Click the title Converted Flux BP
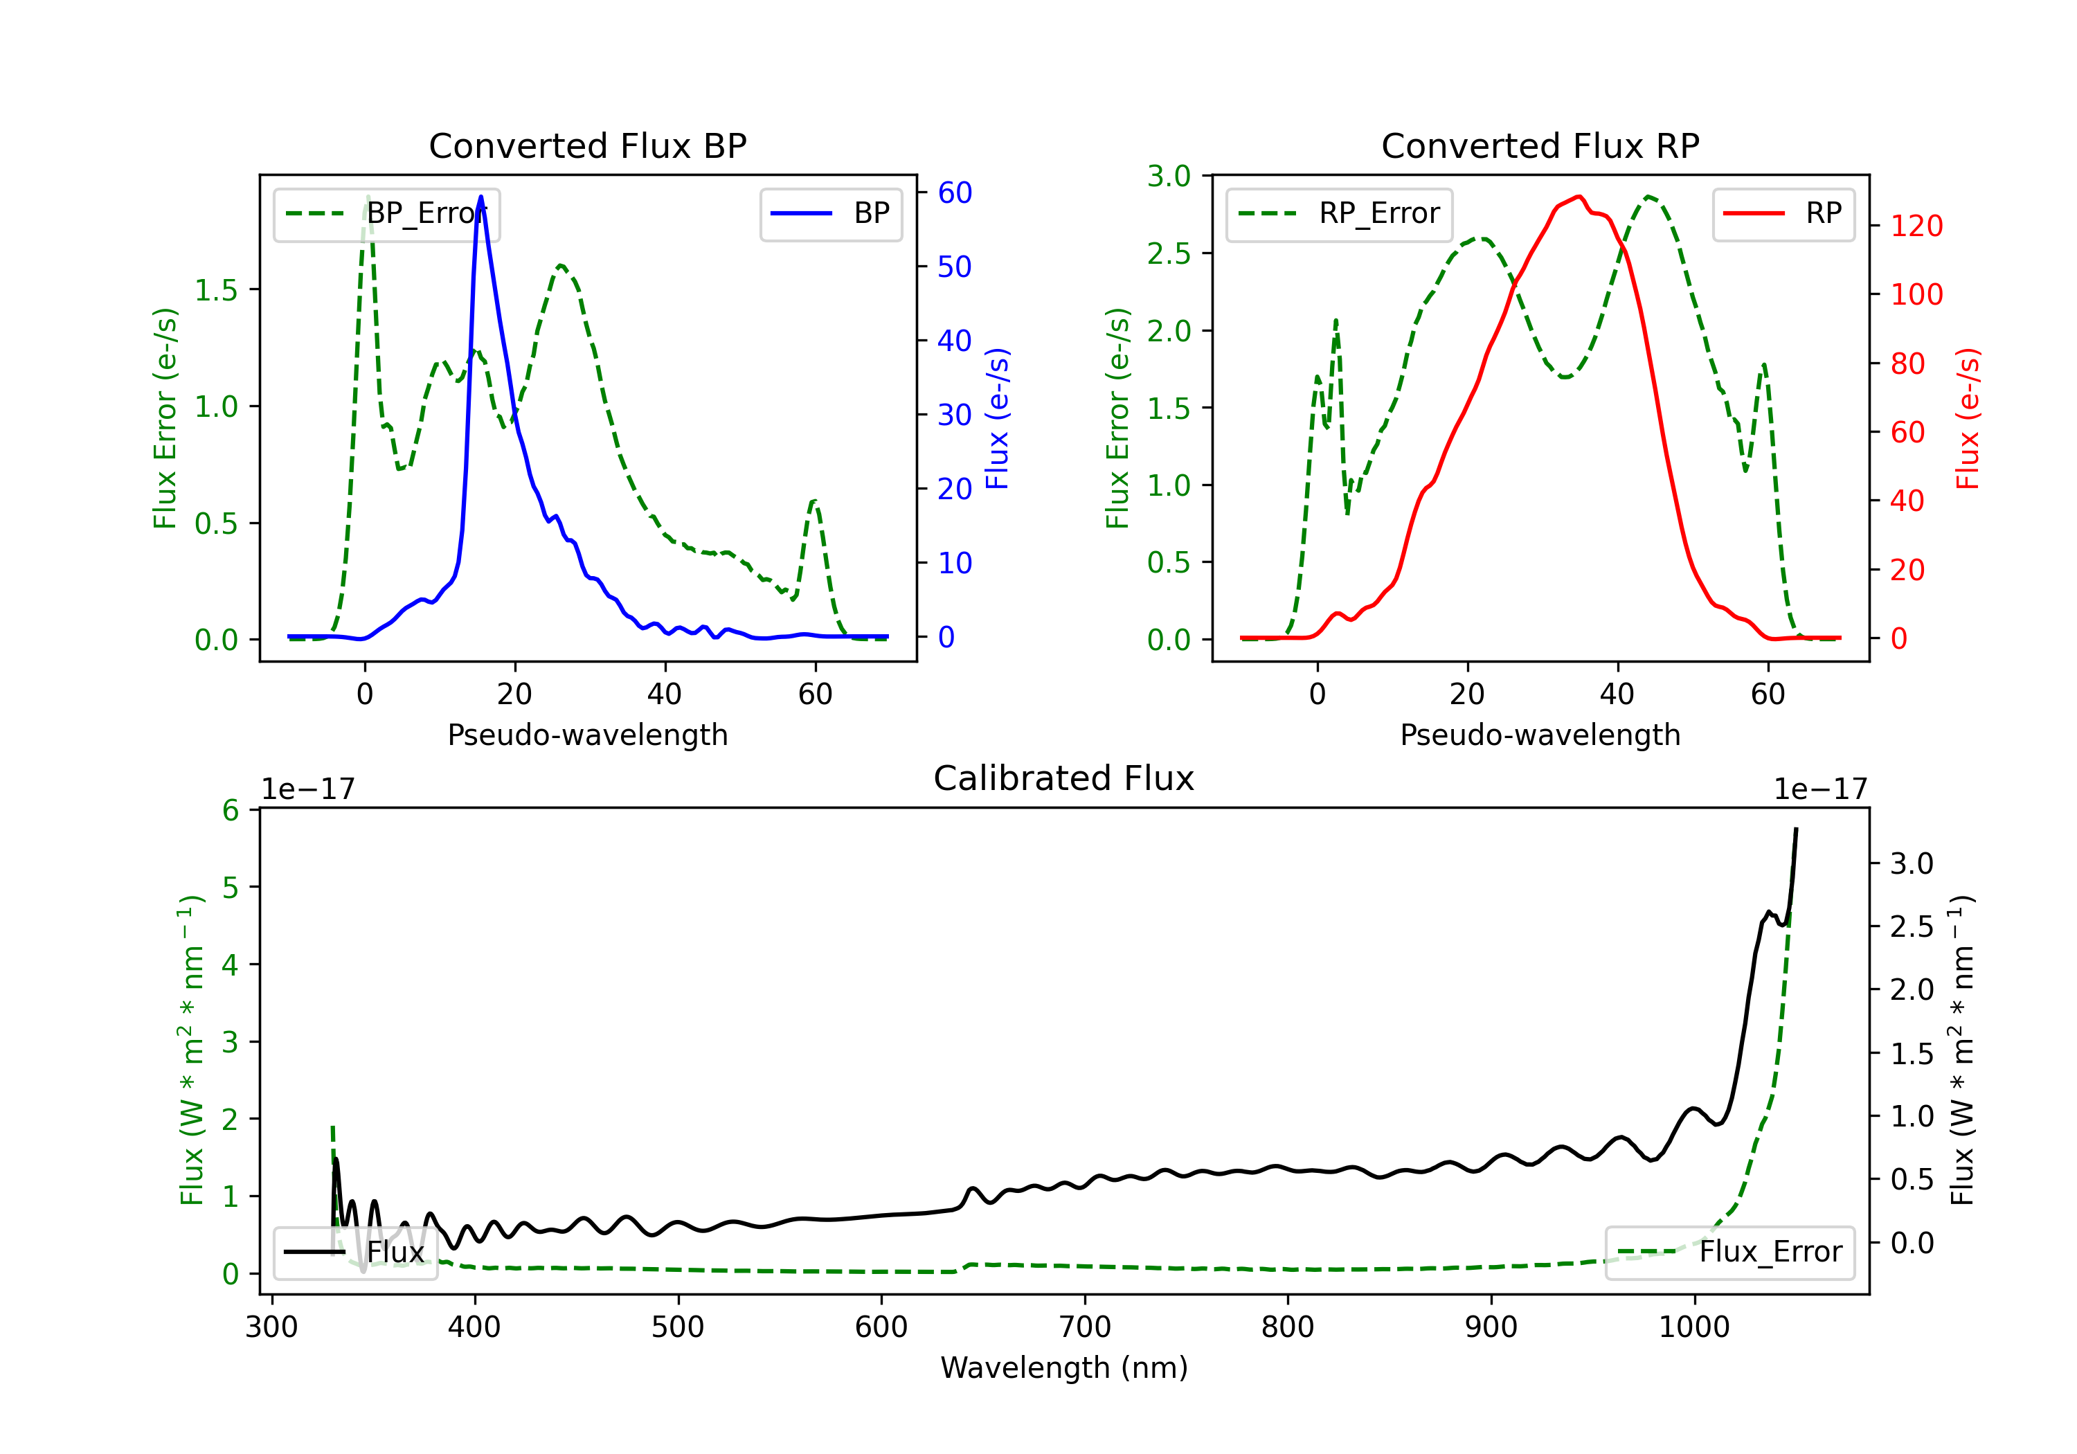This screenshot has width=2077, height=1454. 587,145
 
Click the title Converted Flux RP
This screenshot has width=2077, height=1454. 1540,145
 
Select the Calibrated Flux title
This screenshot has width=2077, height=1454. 1064,778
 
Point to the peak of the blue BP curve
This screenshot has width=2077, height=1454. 480,197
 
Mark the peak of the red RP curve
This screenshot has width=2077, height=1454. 1579,197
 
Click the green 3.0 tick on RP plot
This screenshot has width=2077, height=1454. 1169,177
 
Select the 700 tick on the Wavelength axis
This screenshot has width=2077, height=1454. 1085,1327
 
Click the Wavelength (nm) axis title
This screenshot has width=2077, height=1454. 1064,1367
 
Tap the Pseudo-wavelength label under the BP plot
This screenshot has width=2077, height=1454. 587,735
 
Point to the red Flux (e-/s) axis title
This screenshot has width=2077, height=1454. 1967,418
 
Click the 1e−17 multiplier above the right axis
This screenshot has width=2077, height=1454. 1820,789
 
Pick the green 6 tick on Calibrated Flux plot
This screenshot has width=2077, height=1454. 231,810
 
